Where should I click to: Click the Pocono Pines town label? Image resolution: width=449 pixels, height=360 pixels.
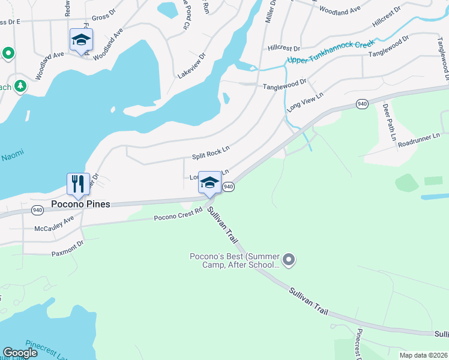point(80,204)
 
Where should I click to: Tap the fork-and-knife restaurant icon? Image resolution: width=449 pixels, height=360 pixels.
point(78,184)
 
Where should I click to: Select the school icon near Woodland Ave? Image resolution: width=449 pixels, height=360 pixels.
point(81,40)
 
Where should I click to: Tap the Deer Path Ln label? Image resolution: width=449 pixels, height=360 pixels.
point(389,122)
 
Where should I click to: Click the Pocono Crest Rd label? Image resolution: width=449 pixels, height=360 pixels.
point(178,215)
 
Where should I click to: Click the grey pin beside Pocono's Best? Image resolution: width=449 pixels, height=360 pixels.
point(289,260)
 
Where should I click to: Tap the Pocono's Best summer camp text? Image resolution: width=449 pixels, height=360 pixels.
point(234,260)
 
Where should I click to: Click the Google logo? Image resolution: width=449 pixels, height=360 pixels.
point(20,353)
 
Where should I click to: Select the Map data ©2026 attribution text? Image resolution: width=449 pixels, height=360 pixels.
point(423,355)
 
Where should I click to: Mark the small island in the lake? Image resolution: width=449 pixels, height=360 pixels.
point(226,98)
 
